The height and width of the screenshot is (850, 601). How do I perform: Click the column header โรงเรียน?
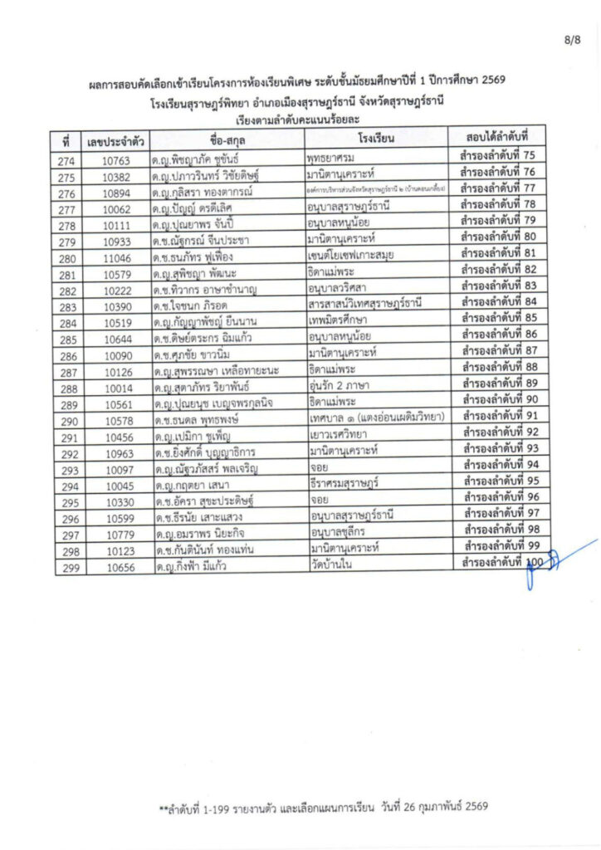tap(374, 136)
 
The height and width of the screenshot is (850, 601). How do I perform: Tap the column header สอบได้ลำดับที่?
tap(493, 135)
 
